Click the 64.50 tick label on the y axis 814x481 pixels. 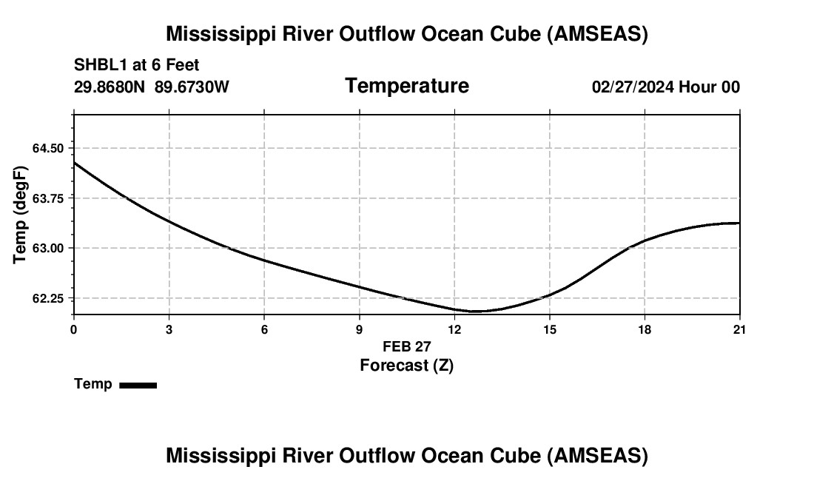(x=48, y=148)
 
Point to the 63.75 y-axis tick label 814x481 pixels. (x=48, y=198)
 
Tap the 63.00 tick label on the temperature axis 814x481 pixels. (x=48, y=248)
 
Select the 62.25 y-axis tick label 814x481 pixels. (x=48, y=298)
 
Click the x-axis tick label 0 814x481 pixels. (x=74, y=330)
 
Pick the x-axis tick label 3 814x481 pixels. (x=169, y=330)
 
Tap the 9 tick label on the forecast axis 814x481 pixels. (x=360, y=330)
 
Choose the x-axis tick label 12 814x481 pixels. (x=454, y=330)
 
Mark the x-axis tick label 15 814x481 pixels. (x=550, y=330)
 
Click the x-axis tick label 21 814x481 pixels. (x=739, y=330)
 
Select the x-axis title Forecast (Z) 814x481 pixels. (x=406, y=365)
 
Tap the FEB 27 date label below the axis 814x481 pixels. (x=406, y=346)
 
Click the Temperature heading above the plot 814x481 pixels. (x=406, y=86)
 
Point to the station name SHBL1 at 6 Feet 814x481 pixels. (x=136, y=65)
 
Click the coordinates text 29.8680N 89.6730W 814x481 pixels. (x=151, y=87)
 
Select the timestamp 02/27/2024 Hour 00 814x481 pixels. (x=665, y=87)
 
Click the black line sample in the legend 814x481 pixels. (x=138, y=385)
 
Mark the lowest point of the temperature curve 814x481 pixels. (x=474, y=312)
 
